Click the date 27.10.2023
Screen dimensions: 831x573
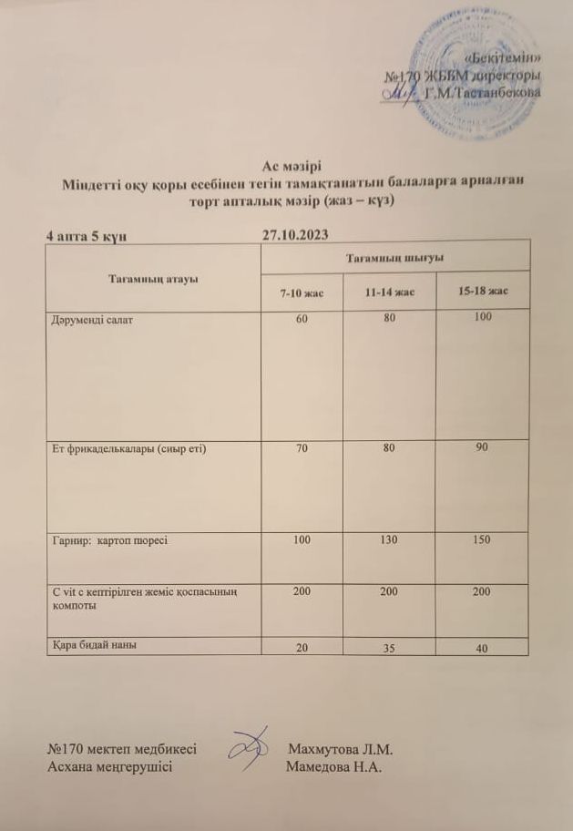(294, 235)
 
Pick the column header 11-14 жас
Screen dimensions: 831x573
(389, 292)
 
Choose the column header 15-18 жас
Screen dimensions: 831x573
(483, 291)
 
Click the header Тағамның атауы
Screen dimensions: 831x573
(153, 278)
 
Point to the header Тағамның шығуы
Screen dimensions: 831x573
(394, 259)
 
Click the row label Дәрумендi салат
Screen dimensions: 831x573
(92, 321)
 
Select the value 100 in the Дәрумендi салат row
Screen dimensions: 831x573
(483, 317)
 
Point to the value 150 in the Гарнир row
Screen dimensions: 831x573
(483, 540)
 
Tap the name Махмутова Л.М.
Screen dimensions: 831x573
(340, 750)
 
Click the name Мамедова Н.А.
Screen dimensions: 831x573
(333, 767)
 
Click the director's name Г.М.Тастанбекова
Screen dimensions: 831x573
(482, 93)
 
